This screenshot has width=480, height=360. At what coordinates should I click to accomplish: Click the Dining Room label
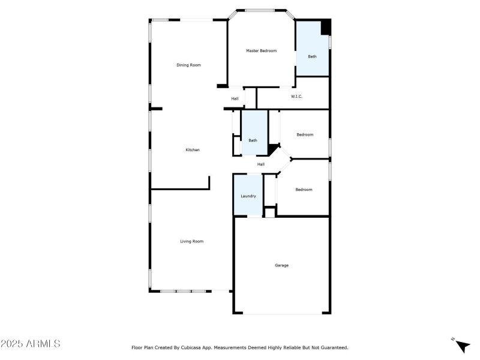coord(188,65)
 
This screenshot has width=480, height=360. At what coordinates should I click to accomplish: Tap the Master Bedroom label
coord(261,51)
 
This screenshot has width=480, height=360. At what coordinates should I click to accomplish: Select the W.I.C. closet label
coord(296,97)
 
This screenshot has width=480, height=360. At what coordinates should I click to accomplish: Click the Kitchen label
coord(193,150)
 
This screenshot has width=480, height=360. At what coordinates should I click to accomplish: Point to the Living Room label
coord(192,241)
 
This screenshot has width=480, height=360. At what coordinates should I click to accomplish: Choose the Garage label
coord(282,265)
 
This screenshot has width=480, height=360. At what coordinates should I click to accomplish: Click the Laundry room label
coord(248,196)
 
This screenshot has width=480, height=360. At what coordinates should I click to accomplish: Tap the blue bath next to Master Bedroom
coord(312,56)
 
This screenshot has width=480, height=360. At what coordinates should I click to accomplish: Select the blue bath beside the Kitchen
coord(253,140)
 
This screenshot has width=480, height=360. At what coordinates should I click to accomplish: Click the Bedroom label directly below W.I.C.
coord(305,134)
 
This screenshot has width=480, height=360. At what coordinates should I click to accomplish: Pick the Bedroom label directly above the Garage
coord(304,190)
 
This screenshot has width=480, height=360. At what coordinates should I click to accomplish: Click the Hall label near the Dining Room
coord(235,99)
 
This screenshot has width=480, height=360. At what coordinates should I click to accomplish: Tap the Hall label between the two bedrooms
coord(261,164)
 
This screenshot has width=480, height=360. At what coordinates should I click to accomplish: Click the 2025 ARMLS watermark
coord(30,344)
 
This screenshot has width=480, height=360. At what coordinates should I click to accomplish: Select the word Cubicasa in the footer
coord(193,347)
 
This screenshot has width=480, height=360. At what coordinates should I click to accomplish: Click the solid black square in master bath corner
coord(326,28)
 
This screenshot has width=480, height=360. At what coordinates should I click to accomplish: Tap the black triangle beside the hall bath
coord(274,149)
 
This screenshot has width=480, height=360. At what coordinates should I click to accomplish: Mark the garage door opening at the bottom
coord(282,313)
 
